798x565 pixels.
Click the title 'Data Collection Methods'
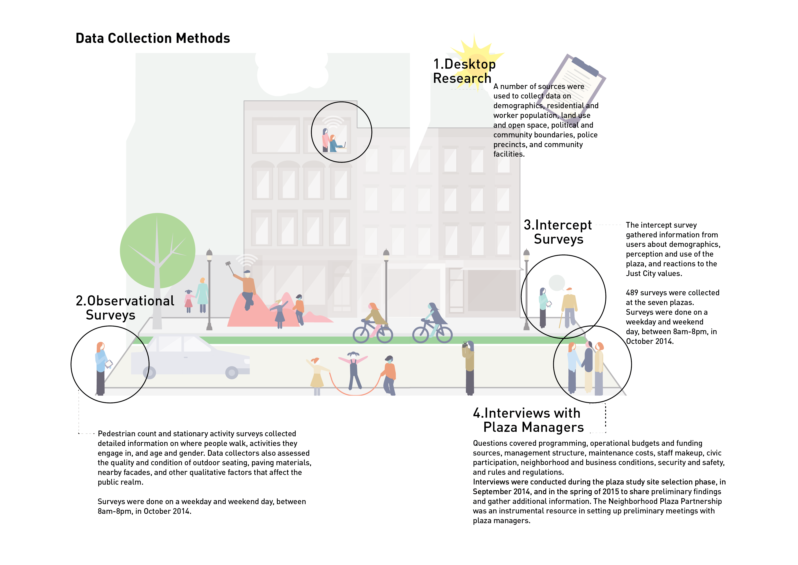point(153,38)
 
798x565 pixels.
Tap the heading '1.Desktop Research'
point(464,71)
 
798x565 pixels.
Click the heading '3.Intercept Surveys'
point(558,232)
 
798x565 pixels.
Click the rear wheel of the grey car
point(149,373)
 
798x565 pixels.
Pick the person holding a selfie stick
point(247,289)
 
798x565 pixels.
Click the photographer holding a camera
point(469,367)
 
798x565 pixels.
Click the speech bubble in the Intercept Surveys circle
point(557,282)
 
